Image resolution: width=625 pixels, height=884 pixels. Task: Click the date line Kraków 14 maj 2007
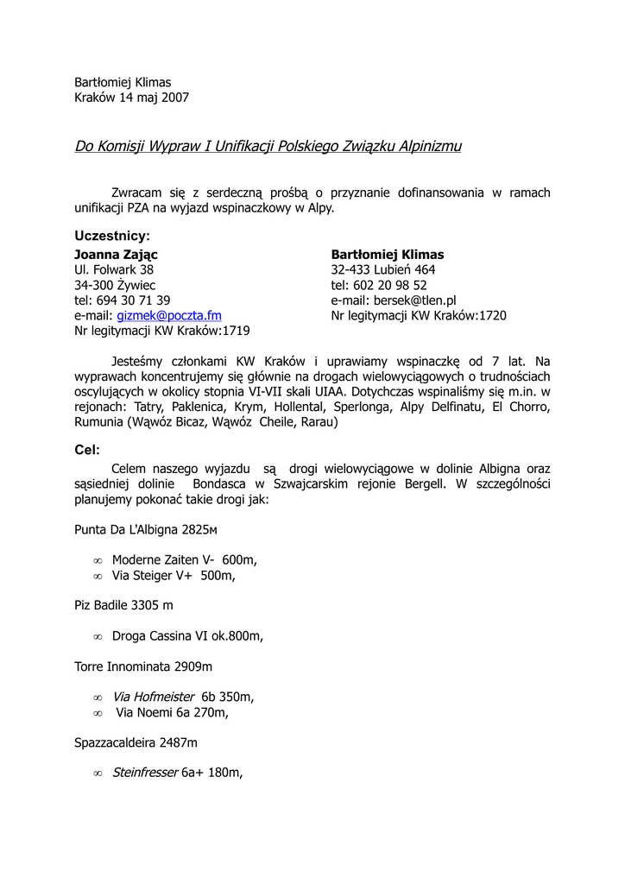pyautogui.click(x=131, y=98)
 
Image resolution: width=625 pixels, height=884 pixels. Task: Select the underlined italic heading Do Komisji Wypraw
pyautogui.click(x=268, y=147)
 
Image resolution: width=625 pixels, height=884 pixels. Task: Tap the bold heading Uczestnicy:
pyautogui.click(x=112, y=236)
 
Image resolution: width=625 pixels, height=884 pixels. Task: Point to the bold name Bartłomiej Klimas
pyautogui.click(x=388, y=255)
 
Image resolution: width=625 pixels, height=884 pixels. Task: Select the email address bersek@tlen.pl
pyautogui.click(x=414, y=300)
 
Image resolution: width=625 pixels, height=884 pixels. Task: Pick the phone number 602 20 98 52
pyautogui.click(x=390, y=285)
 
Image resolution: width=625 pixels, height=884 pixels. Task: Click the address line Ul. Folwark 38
pyautogui.click(x=114, y=269)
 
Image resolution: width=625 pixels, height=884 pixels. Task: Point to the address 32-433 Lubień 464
pyautogui.click(x=383, y=269)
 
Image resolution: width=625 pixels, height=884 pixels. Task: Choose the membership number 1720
pyautogui.click(x=492, y=316)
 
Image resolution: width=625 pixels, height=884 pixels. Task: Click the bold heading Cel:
pyautogui.click(x=87, y=449)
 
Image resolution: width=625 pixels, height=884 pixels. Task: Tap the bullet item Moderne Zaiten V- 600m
pyautogui.click(x=185, y=559)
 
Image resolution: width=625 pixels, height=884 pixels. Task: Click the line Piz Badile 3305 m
pyautogui.click(x=123, y=605)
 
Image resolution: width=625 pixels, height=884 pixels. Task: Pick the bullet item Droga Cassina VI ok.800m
pyautogui.click(x=187, y=636)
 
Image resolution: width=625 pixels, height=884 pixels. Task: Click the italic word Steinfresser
pyautogui.click(x=145, y=773)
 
